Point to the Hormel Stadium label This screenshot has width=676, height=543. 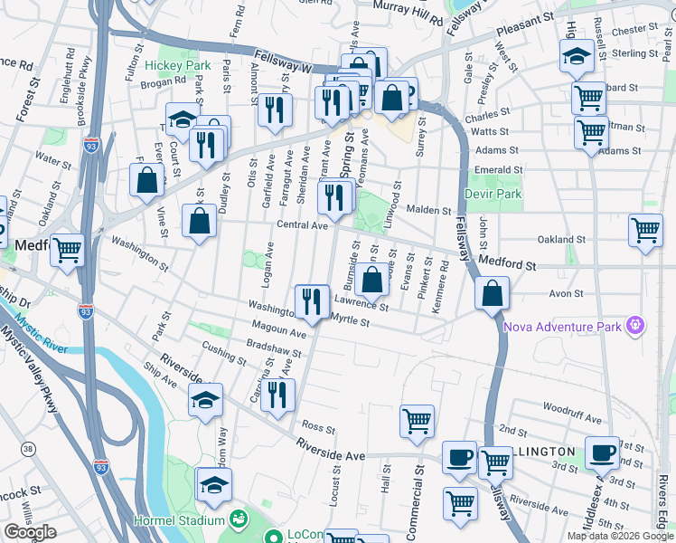180,520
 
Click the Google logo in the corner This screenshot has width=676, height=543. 30,532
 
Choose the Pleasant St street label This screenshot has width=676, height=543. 522,19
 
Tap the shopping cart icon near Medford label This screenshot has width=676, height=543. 67,249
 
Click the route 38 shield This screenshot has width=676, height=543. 28,449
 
